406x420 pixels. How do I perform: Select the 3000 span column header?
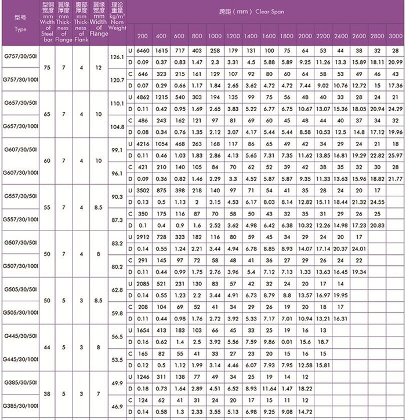(x=395, y=35)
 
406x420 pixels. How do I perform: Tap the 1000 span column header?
(x=215, y=35)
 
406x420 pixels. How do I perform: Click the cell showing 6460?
(x=143, y=51)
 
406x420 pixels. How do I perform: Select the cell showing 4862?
(x=143, y=98)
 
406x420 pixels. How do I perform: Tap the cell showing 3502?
(x=143, y=191)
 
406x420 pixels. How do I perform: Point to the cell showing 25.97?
(x=395, y=156)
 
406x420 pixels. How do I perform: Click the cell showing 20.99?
(x=395, y=62)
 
